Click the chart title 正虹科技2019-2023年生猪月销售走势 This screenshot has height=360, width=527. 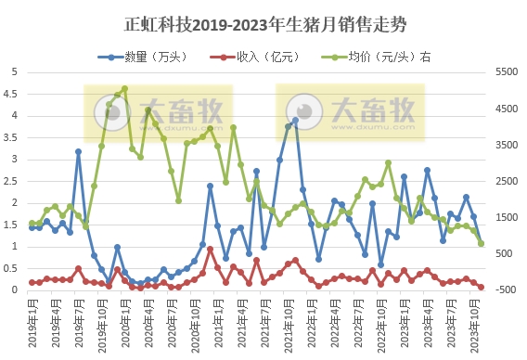click(263, 21)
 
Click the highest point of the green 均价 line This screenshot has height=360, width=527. click(124, 89)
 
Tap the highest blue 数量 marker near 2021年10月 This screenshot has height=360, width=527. click(295, 120)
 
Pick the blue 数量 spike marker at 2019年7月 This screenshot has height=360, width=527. click(78, 151)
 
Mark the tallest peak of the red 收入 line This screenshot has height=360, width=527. click(211, 249)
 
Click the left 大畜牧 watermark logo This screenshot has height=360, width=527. click(158, 111)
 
